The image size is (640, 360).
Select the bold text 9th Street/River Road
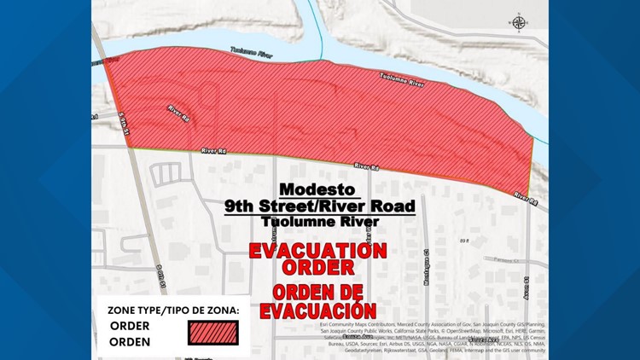319,206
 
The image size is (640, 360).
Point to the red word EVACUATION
318,252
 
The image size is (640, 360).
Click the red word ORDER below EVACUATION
318,269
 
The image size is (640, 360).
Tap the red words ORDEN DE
318,292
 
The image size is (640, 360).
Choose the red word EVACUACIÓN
318,311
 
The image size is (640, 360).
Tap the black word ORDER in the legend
130,326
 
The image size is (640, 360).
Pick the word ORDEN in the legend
130,342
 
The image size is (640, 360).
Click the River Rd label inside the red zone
178,112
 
